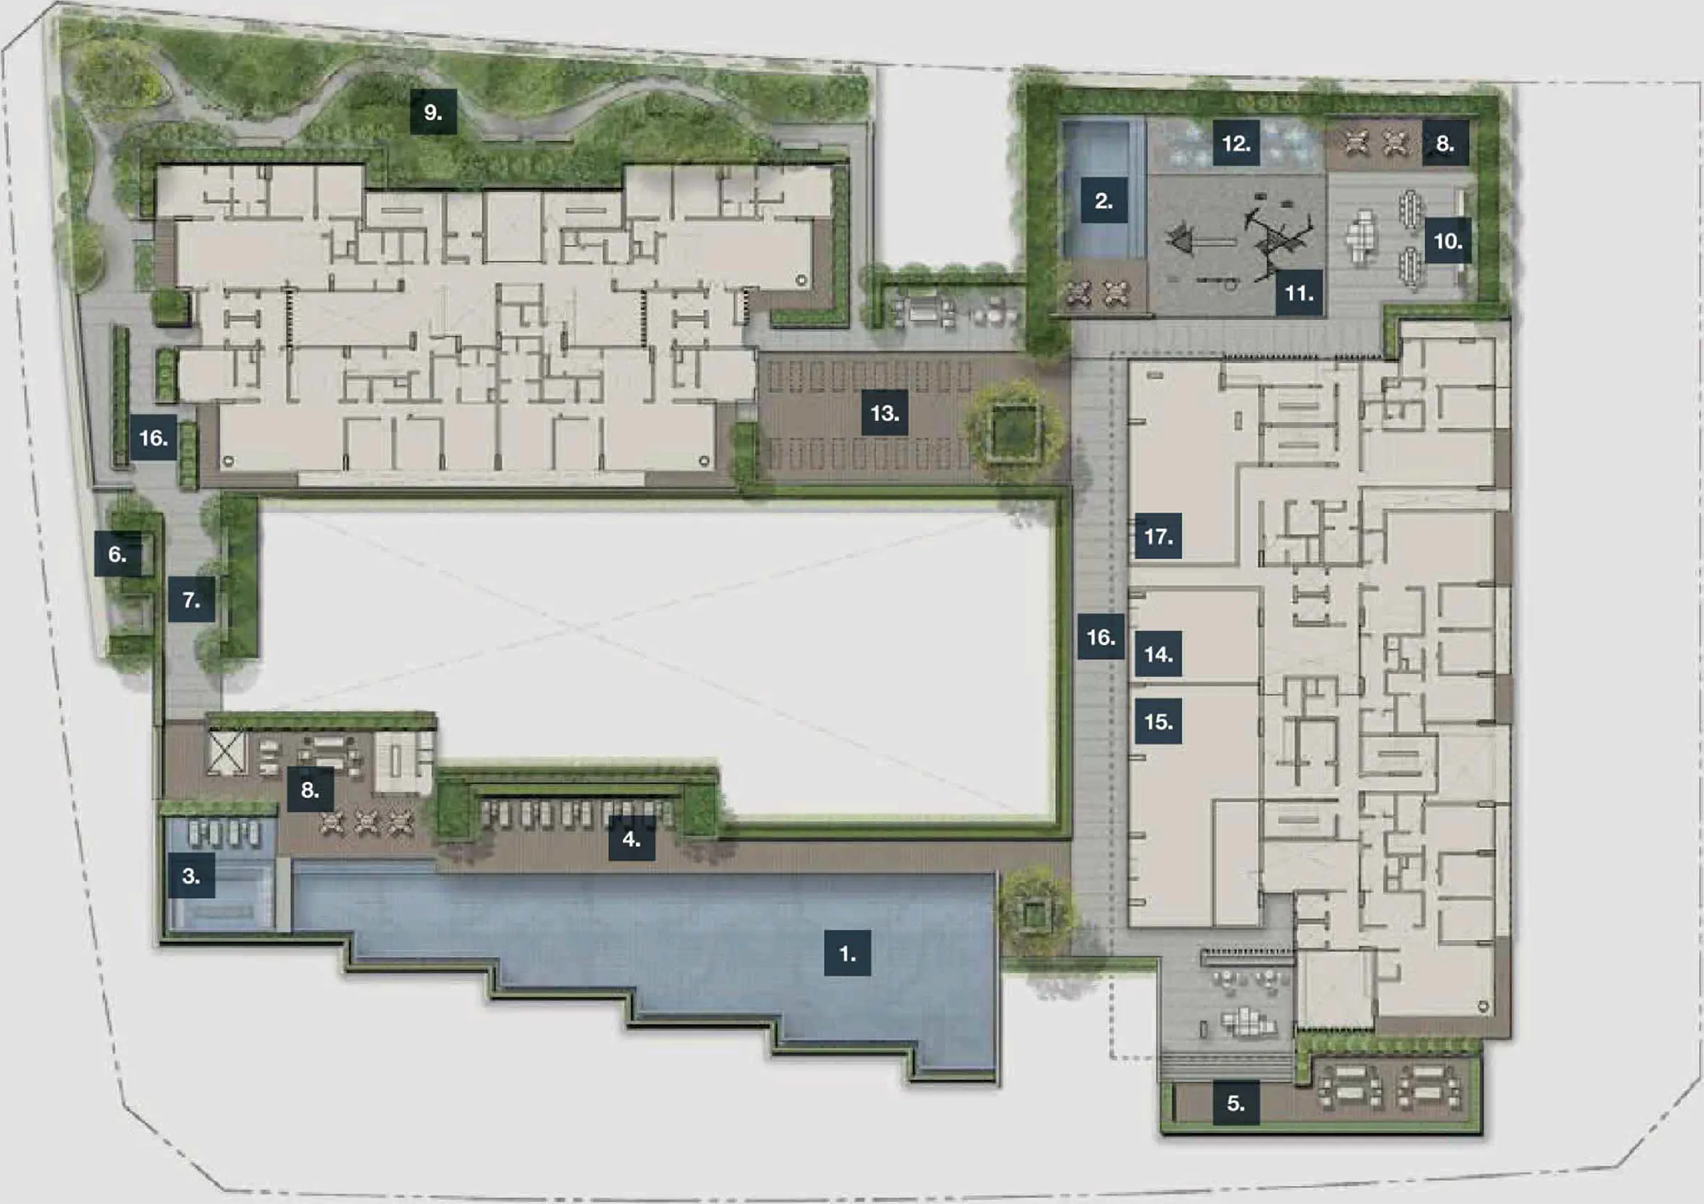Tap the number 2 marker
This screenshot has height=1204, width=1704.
click(1103, 200)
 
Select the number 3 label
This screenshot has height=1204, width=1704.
click(191, 876)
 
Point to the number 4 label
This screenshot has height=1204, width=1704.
click(632, 838)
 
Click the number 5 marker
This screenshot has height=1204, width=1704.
click(1235, 1103)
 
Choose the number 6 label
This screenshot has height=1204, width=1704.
click(117, 554)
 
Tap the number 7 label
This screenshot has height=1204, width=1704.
click(192, 599)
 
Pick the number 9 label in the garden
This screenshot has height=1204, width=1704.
click(433, 112)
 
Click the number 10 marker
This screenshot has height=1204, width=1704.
click(1447, 241)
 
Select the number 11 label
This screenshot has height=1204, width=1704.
click(1299, 293)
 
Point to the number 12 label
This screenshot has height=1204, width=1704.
click(1236, 143)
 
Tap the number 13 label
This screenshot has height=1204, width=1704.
click(885, 412)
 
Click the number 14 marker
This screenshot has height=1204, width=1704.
click(1159, 653)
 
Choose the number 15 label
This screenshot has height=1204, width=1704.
click(1159, 721)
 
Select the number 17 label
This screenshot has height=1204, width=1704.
click(1159, 535)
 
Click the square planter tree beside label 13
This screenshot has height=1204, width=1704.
click(1014, 431)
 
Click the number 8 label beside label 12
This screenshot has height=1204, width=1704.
click(1445, 143)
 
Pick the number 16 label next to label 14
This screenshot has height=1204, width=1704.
click(1100, 636)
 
